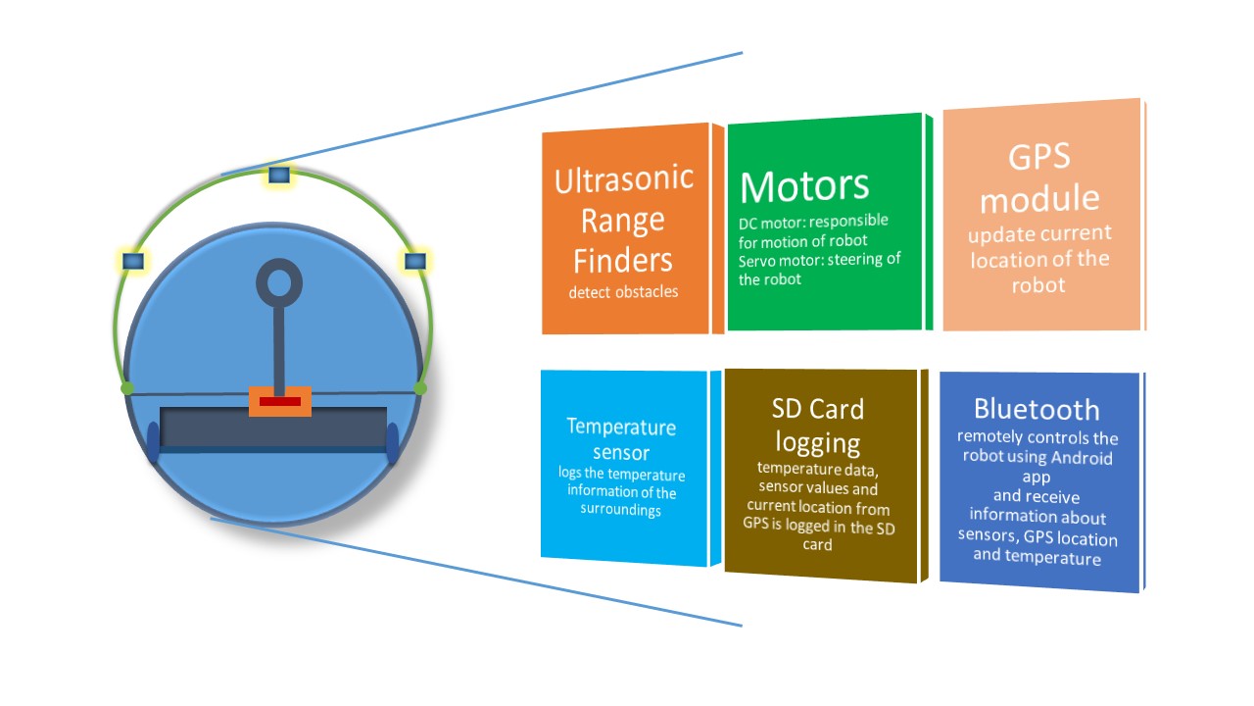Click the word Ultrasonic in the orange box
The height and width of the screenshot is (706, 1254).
coord(624,179)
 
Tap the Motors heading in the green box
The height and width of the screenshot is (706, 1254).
coord(804,186)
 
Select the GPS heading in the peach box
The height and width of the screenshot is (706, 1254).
coord(1039,157)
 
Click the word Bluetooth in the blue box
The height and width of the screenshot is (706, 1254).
coord(1037,410)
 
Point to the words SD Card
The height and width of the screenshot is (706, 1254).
coord(818,409)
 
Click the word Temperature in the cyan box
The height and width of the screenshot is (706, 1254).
coord(621,427)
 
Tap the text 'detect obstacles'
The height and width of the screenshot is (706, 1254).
coord(623,292)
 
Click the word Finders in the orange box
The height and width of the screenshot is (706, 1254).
coord(622,261)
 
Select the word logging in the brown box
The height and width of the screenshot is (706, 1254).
coord(818,444)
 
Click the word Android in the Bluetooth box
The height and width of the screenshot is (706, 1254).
coord(1082,458)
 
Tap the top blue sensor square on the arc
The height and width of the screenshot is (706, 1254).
coord(279,175)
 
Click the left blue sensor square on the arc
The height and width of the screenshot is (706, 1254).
coord(133,261)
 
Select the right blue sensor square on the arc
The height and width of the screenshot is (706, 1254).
coord(415,261)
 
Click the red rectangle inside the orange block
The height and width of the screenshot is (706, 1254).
coord(280,402)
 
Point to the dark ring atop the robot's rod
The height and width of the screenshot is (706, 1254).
coord(279,283)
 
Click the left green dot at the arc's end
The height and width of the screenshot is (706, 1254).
coord(127,388)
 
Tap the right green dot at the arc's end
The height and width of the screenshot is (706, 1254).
coord(420,388)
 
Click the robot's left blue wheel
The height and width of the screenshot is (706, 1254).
coord(153,442)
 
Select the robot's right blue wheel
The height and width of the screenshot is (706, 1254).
coord(393,443)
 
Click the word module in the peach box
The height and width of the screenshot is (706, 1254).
coord(1039,199)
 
